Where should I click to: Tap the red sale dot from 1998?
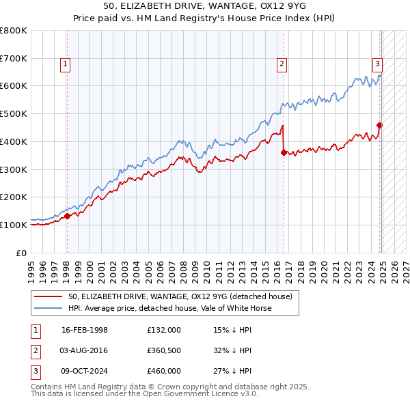pos(68,216)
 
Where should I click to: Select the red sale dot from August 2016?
pos(283,152)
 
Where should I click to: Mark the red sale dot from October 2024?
pos(380,124)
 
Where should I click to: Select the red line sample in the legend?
pos(49,296)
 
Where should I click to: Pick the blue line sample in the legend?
pos(49,308)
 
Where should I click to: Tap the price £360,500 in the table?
pos(164,350)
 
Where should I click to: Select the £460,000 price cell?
pos(164,371)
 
